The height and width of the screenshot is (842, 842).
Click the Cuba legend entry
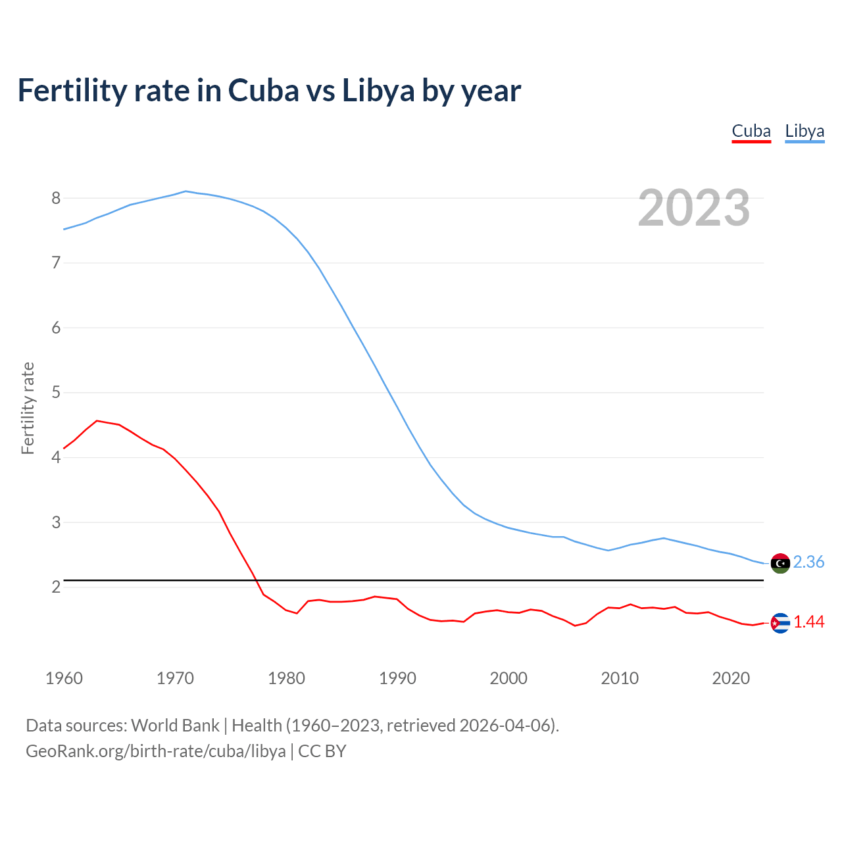pyautogui.click(x=751, y=131)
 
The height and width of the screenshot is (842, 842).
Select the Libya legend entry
pyautogui.click(x=805, y=131)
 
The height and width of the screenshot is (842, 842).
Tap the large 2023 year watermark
pyautogui.click(x=694, y=208)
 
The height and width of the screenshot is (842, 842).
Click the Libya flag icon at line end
pyautogui.click(x=780, y=563)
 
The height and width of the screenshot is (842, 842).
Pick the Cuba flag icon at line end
pyautogui.click(x=780, y=623)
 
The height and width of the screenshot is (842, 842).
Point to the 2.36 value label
pyautogui.click(x=808, y=562)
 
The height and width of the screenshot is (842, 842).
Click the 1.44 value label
pyautogui.click(x=808, y=622)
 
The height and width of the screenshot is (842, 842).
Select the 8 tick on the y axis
pyautogui.click(x=56, y=198)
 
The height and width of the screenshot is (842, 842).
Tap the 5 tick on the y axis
pyautogui.click(x=56, y=393)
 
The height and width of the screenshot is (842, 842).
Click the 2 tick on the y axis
pyautogui.click(x=56, y=587)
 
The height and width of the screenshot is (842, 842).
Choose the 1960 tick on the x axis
pyautogui.click(x=64, y=678)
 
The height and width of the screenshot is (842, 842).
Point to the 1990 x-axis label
pyautogui.click(x=397, y=678)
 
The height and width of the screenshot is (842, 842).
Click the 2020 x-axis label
pyautogui.click(x=731, y=678)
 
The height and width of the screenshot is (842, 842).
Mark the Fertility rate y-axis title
pyautogui.click(x=28, y=408)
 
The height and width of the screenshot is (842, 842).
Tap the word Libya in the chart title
pyautogui.click(x=378, y=91)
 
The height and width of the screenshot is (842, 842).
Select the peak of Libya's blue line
pyautogui.click(x=186, y=191)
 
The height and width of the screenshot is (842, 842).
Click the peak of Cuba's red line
pyautogui.click(x=97, y=420)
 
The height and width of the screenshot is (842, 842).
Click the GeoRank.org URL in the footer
pyautogui.click(x=156, y=751)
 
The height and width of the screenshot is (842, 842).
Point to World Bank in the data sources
pyautogui.click(x=175, y=726)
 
